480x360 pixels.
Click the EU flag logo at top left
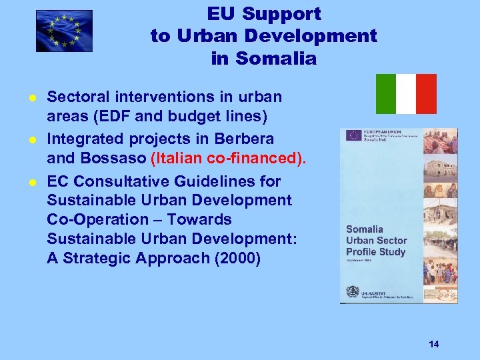[x=64, y=31]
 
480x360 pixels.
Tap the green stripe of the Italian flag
[x=385, y=94]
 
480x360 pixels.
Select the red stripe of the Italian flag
[x=427, y=94]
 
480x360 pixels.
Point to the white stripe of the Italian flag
[x=406, y=94]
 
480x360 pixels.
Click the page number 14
[x=434, y=344]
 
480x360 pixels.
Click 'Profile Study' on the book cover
[x=375, y=251]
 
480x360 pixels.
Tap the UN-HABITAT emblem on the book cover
[x=352, y=291]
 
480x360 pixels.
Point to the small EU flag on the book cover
[x=353, y=135]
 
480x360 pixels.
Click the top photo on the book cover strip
[x=440, y=141]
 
